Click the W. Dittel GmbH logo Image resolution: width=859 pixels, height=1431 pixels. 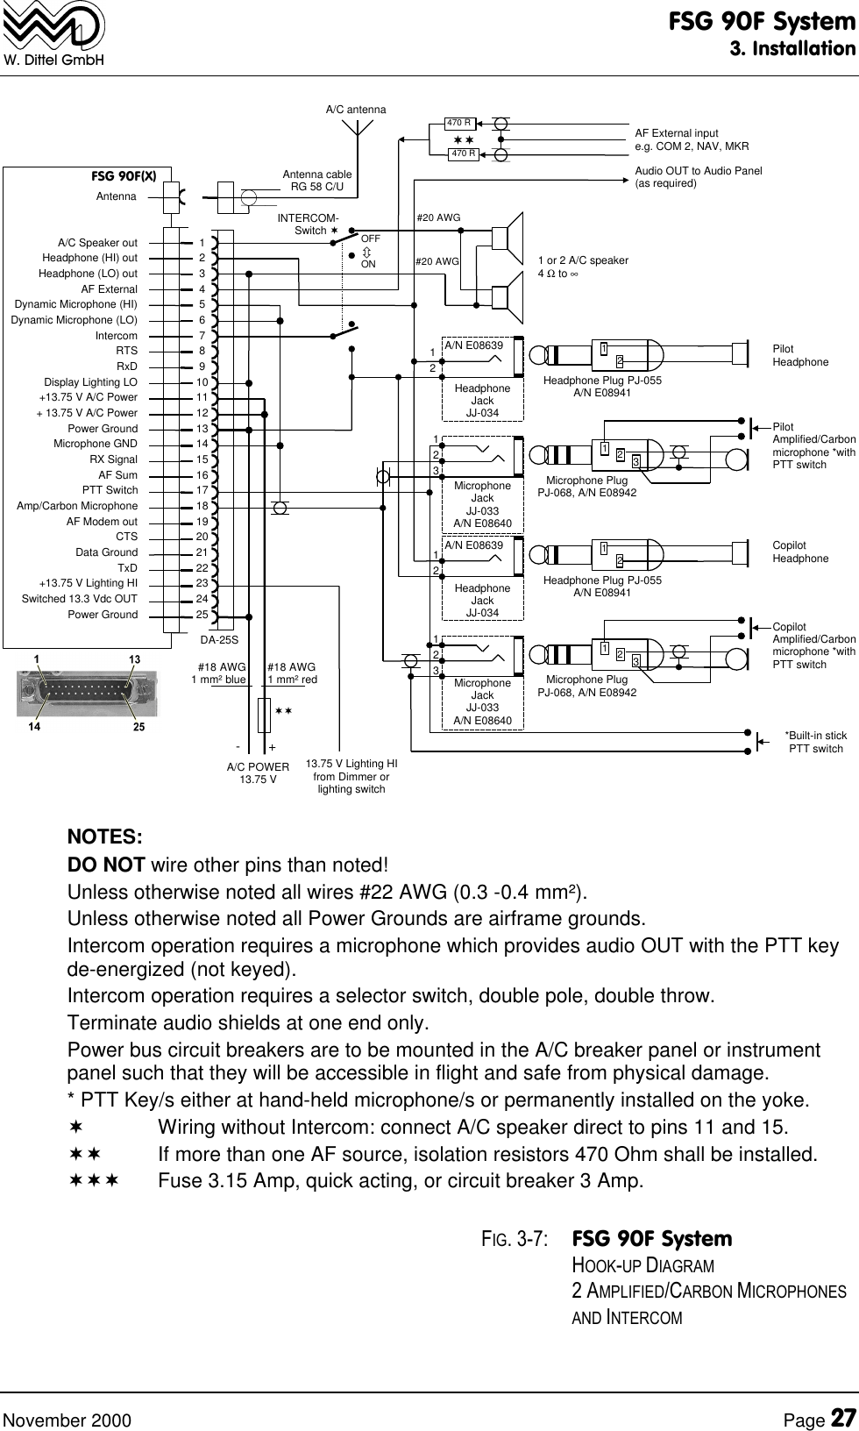click(53, 33)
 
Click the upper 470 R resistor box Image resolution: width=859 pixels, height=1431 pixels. click(459, 123)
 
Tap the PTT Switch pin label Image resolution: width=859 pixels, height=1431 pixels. click(110, 490)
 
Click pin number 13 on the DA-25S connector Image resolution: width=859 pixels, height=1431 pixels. click(202, 429)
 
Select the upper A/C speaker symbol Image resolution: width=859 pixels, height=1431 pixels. click(507, 238)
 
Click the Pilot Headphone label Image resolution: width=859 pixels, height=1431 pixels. click(799, 355)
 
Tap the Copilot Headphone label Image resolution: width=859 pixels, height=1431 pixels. click(799, 552)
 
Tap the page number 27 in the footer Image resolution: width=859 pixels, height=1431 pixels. click(842, 1394)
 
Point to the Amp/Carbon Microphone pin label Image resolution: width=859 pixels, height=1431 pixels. click(77, 506)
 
